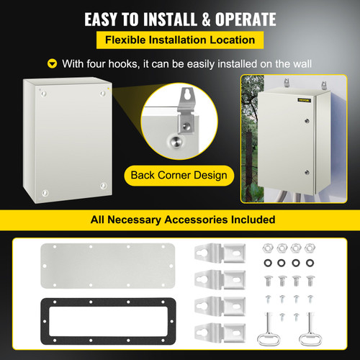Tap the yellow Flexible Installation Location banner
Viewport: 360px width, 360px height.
click(179, 40)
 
